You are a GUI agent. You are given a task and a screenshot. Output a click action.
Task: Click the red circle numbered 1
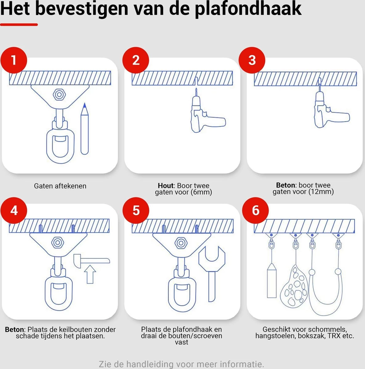click(14, 60)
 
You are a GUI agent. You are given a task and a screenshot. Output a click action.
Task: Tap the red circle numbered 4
click(14, 211)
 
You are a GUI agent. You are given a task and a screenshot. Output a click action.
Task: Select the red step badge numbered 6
click(255, 211)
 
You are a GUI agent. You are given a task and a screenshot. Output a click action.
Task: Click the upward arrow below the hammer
click(90, 275)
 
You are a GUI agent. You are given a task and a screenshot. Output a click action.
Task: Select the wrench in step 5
click(212, 271)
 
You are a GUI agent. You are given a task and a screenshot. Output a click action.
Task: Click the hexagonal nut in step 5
click(181, 243)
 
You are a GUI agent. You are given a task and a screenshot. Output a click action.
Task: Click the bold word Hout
click(166, 186)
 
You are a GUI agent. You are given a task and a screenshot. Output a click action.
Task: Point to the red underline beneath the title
click(19, 25)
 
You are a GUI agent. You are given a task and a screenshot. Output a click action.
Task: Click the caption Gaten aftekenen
click(60, 186)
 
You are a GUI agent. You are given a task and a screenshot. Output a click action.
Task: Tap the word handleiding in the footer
click(150, 364)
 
